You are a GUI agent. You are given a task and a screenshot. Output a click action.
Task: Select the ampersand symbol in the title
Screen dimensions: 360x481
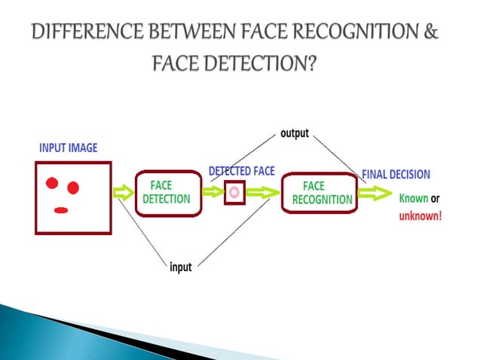[x=430, y=34]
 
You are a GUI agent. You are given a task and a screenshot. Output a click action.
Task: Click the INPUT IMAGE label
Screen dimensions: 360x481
[x=68, y=148]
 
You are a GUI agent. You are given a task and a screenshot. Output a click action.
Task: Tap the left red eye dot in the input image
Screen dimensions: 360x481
[x=52, y=182]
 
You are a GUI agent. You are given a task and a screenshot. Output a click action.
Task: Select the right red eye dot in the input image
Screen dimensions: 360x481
[x=73, y=187]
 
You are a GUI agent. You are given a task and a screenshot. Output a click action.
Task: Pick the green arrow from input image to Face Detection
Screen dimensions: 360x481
[x=122, y=194]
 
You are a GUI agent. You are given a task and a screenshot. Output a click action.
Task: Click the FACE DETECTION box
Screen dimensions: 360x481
[x=170, y=193]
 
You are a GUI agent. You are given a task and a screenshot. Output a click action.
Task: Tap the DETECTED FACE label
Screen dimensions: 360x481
[x=241, y=171]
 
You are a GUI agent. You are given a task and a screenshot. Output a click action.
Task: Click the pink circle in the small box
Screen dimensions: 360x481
[x=234, y=192]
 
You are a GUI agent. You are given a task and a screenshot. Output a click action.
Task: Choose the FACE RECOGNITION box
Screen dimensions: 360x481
[x=317, y=193]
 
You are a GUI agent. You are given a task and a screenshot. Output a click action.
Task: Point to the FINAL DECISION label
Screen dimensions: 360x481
[x=396, y=174]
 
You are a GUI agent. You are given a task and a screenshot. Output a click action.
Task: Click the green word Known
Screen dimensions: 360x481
[x=413, y=199]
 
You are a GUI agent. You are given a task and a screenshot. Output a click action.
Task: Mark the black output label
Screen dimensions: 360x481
[x=295, y=133]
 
